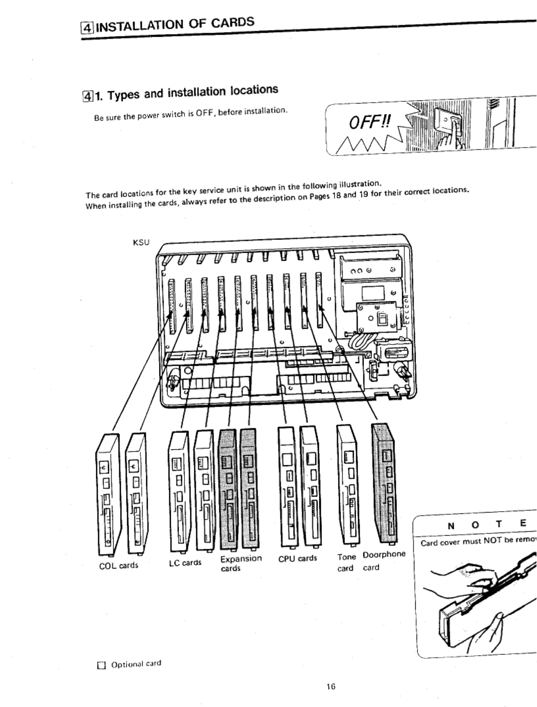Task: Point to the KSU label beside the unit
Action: pos(141,242)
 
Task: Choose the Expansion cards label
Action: pos(241,563)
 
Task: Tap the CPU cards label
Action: pos(298,558)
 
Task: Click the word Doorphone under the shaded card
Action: pos(384,554)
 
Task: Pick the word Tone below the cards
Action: pos(346,557)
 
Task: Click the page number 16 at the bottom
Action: pos(330,687)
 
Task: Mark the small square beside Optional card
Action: pos(101,666)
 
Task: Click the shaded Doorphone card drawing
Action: pos(384,484)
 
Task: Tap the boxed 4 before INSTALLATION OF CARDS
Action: pos(86,27)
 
